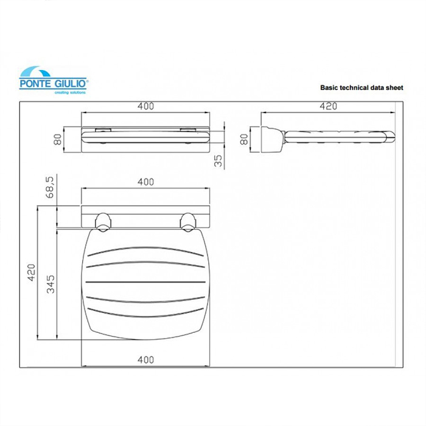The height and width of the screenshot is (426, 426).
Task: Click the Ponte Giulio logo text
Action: tap(53, 84)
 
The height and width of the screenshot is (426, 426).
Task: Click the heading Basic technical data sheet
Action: tap(361, 88)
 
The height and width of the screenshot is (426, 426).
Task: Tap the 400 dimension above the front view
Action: tap(145, 106)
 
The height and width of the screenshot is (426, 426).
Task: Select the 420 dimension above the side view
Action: tap(328, 106)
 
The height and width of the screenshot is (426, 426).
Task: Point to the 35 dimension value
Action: tap(218, 161)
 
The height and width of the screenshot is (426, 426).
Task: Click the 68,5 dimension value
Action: tap(51, 187)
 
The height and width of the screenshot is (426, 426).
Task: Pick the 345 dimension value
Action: tap(51, 284)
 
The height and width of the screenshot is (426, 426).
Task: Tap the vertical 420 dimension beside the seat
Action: tap(32, 273)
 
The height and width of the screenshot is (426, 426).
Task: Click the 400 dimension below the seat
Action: tap(145, 360)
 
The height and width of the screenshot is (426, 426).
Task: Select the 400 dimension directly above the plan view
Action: tap(145, 182)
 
